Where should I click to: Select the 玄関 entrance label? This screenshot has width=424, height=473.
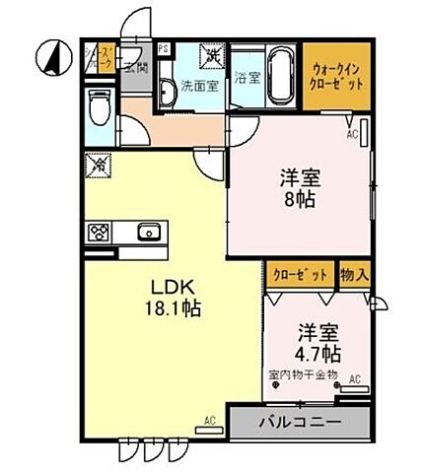tap(135, 67)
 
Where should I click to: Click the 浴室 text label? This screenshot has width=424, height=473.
tap(247, 78)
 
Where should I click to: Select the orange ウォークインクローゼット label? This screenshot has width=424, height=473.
tap(336, 76)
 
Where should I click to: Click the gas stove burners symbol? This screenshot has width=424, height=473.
tap(99, 233)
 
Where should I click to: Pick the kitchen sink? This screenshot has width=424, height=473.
tap(148, 233)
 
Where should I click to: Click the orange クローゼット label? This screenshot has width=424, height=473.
tap(300, 274)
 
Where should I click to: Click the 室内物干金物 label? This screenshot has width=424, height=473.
tap(303, 374)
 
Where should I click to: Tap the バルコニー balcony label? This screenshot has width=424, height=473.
tap(299, 423)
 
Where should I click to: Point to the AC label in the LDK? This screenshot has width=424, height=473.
tap(210, 421)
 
